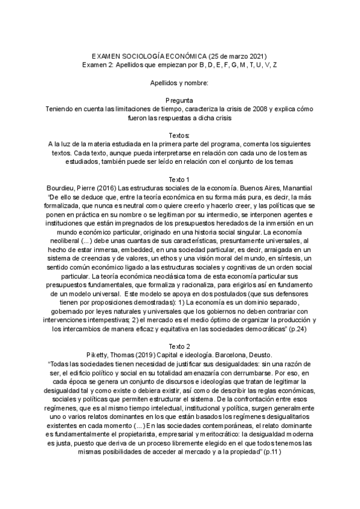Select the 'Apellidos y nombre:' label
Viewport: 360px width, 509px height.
[179, 82]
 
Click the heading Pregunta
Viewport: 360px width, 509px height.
[179, 100]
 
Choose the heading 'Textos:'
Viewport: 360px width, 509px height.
[179, 135]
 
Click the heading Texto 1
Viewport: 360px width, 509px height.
[179, 179]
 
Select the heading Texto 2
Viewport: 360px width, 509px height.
[179, 346]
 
